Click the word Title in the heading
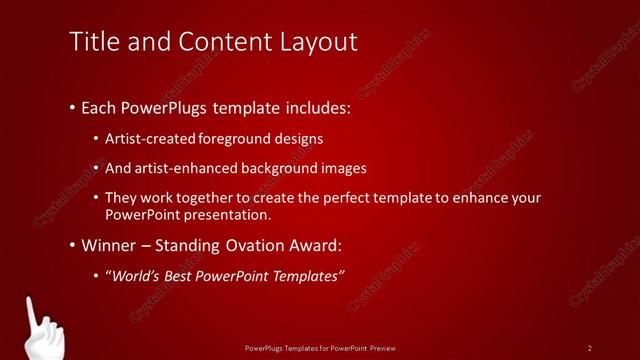pos(93,42)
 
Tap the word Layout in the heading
pos(317,42)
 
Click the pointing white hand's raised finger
pos(30,308)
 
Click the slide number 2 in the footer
pos(590,348)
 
